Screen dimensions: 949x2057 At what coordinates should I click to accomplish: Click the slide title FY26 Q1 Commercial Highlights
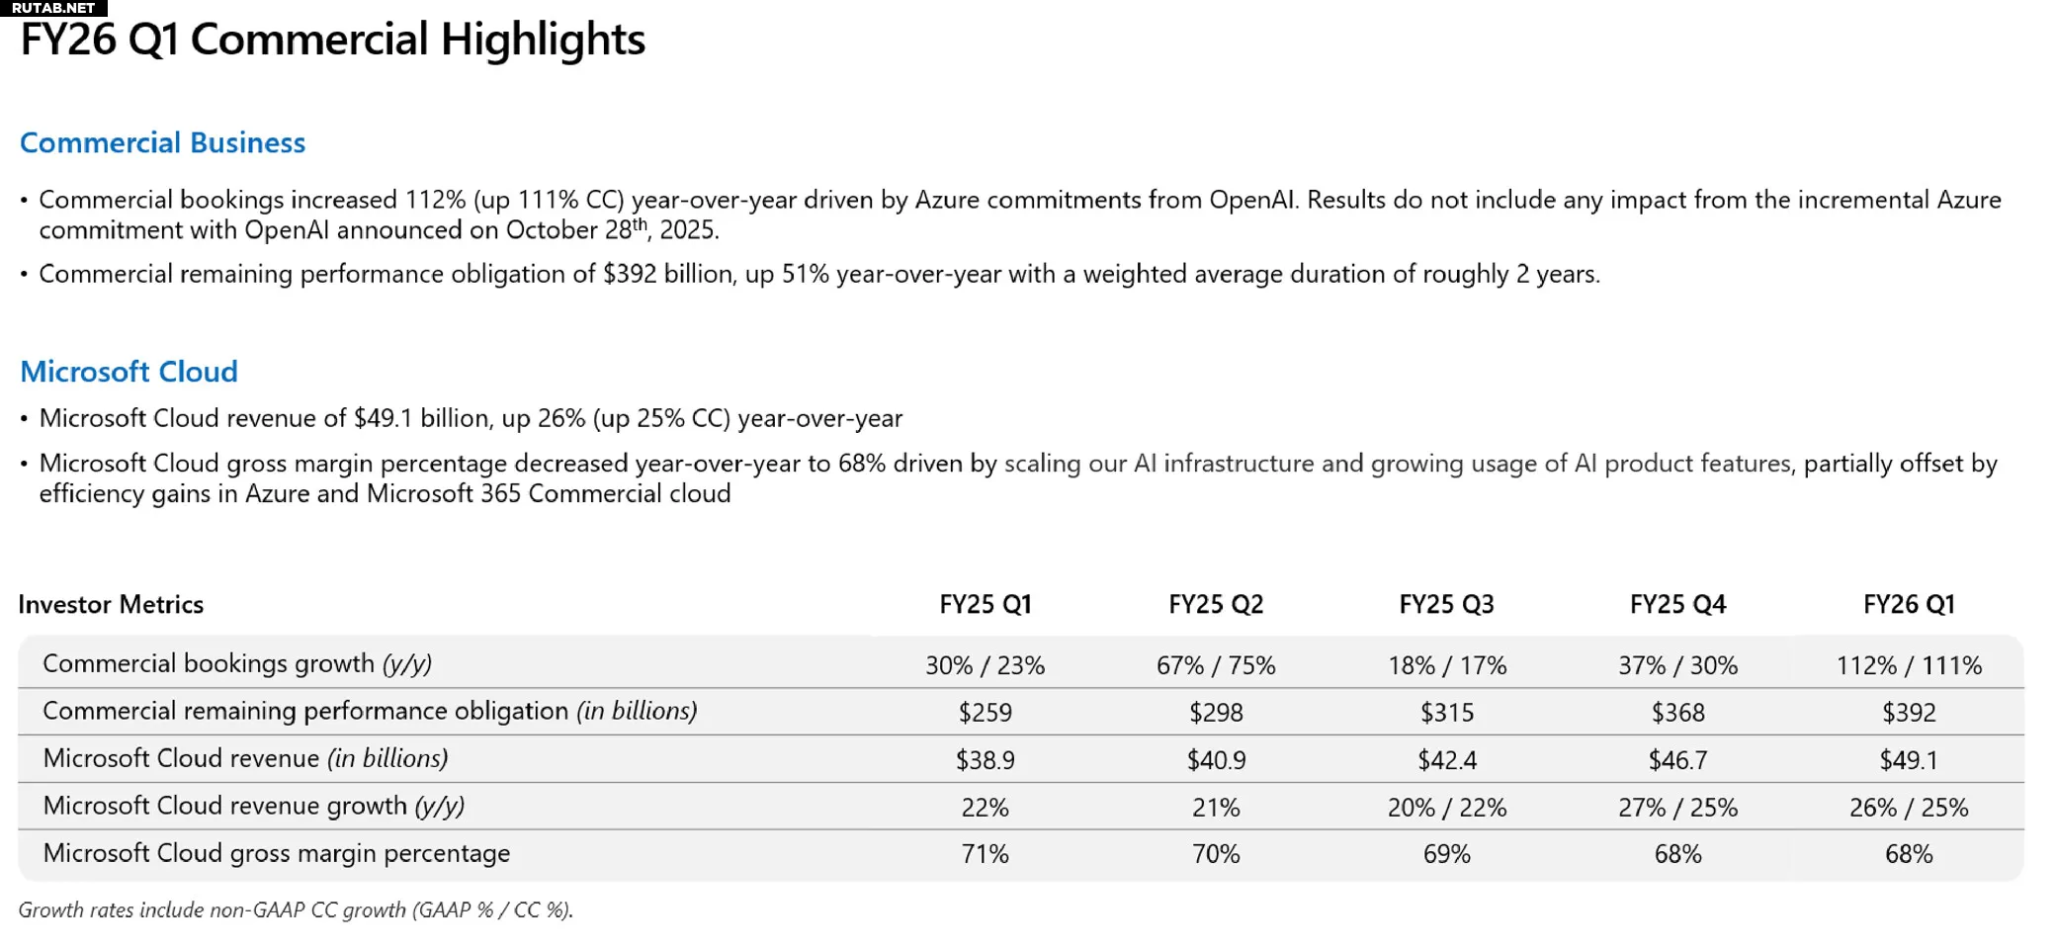coord(332,41)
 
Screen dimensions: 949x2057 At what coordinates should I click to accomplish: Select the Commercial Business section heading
coord(163,143)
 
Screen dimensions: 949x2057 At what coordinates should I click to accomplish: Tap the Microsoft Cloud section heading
coord(129,372)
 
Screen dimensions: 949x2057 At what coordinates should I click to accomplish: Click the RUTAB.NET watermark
coord(53,8)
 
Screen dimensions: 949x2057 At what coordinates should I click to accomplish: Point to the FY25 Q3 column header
coord(1446,604)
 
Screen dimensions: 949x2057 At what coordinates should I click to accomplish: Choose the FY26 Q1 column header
coord(1908,604)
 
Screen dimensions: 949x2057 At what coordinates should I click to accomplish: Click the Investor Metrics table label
coord(111,604)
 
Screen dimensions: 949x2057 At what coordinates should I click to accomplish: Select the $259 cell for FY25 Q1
coord(985,713)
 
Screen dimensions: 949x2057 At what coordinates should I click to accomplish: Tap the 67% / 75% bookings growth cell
coord(1216,665)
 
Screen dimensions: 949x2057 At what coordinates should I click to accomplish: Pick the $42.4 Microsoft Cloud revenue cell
coord(1446,760)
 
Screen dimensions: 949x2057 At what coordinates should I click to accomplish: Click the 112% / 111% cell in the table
coord(1908,665)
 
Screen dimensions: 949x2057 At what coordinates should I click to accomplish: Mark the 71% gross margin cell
coord(985,854)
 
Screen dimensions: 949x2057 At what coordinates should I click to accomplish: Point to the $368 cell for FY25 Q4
coord(1677,713)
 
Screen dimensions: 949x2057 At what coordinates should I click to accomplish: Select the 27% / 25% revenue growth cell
coord(1677,808)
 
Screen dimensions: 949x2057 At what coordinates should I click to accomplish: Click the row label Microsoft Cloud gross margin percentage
coord(277,853)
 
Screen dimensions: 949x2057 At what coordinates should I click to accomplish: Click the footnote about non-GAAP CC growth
coord(296,909)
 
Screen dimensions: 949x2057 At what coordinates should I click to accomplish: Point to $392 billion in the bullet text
coord(668,274)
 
